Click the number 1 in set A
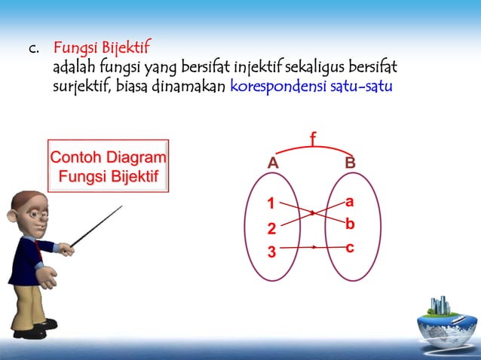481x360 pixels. click(271, 203)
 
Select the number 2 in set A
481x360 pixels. click(272, 228)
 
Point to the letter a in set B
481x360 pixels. click(350, 202)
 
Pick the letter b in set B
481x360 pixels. click(350, 224)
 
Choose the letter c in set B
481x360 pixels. click(350, 247)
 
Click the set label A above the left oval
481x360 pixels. click(273, 163)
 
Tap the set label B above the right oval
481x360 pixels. click(350, 163)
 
